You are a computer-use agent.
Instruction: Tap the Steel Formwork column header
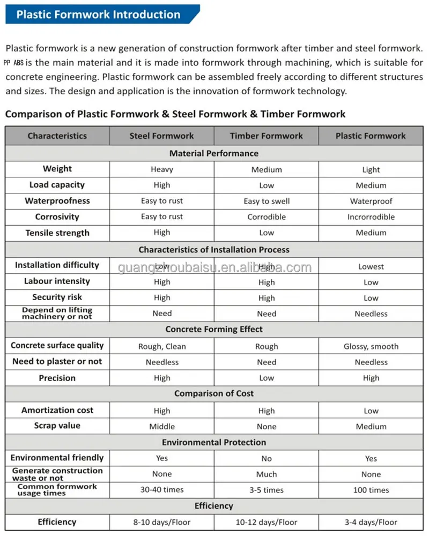[161, 136]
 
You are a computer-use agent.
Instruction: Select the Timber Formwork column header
[267, 136]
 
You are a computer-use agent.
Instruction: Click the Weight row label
[57, 169]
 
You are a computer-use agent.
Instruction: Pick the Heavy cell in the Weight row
[161, 169]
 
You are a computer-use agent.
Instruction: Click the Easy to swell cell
[267, 201]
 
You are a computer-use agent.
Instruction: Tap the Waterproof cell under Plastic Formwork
[371, 201]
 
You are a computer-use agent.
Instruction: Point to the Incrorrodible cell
[371, 217]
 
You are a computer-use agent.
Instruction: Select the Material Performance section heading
[214, 153]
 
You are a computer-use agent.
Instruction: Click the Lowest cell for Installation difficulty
[371, 266]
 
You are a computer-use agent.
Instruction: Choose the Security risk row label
[57, 297]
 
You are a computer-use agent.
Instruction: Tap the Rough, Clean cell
[161, 346]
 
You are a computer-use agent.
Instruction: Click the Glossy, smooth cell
[371, 346]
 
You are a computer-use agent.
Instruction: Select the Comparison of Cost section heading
[214, 393]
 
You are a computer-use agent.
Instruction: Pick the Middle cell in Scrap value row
[161, 427]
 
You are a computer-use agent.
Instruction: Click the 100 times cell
[371, 490]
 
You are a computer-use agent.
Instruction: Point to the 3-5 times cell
[267, 490]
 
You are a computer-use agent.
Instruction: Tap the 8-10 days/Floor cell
[161, 522]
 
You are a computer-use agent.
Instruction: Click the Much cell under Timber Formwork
[267, 474]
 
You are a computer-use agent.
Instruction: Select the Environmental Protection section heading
[214, 442]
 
